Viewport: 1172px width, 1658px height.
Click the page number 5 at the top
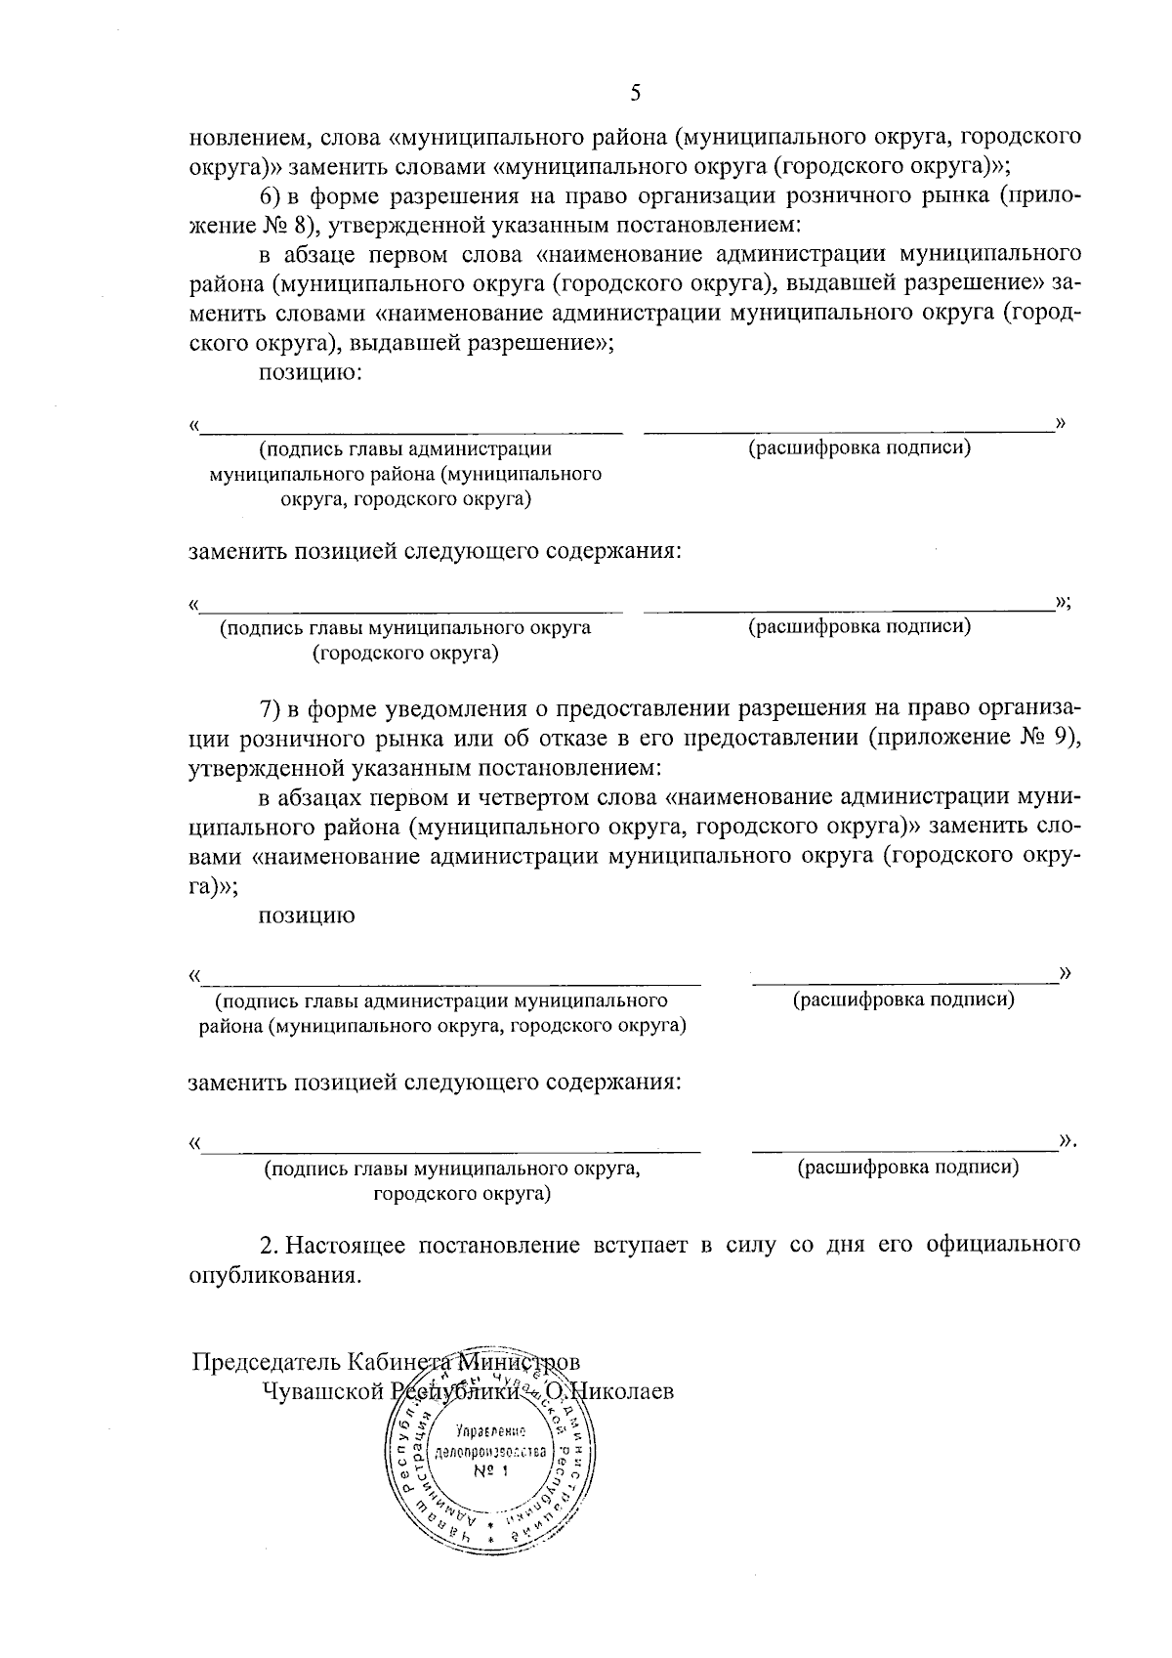tap(636, 94)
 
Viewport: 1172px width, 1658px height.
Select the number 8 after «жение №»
tap(299, 226)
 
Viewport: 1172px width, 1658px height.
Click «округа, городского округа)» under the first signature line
tap(405, 500)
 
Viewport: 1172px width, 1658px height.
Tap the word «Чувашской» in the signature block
tap(322, 1391)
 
